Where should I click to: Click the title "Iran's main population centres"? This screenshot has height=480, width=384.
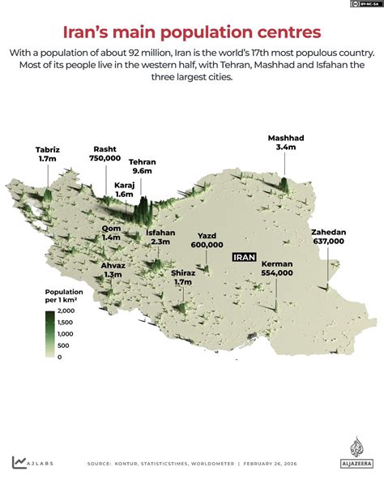pyautogui.click(x=192, y=32)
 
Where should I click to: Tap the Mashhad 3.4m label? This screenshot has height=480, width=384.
pyautogui.click(x=287, y=143)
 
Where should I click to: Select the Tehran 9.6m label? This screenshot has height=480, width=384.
pyautogui.click(x=143, y=167)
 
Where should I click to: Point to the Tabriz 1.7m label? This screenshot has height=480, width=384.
pyautogui.click(x=47, y=154)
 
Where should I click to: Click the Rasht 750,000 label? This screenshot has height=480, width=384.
pyautogui.click(x=105, y=154)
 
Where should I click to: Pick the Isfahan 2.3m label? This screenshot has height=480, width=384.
pyautogui.click(x=160, y=237)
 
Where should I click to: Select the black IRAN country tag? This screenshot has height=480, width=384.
pyautogui.click(x=244, y=257)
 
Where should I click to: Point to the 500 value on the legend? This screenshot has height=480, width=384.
pyautogui.click(x=63, y=345)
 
